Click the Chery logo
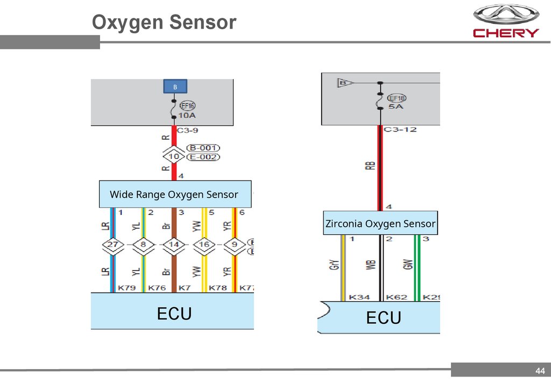click(x=505, y=22)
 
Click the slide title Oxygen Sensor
click(x=164, y=23)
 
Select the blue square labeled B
click(x=174, y=87)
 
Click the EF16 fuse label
click(x=188, y=106)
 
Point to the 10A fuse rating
click(x=187, y=116)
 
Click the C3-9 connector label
click(x=190, y=130)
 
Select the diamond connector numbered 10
click(x=174, y=157)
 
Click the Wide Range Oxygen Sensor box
click(x=175, y=195)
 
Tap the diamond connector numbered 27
click(x=112, y=246)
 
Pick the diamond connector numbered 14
click(x=174, y=246)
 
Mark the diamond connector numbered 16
click(x=204, y=246)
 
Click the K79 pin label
click(x=126, y=288)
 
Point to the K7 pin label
click(x=185, y=288)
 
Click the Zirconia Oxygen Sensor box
click(x=380, y=223)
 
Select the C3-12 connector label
click(x=400, y=129)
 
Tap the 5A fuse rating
click(x=397, y=107)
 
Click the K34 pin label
click(x=359, y=297)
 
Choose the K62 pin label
click(x=397, y=297)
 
